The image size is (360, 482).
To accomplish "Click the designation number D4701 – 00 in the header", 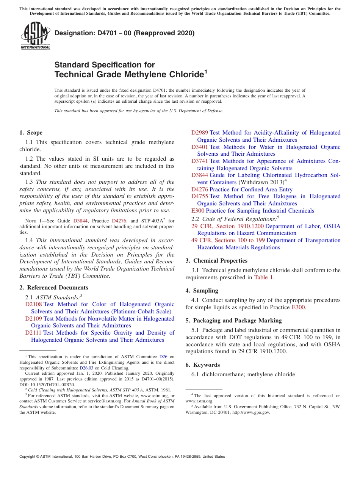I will (124, 33).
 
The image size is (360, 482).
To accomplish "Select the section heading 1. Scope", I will (31, 133).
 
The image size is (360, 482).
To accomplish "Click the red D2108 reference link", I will (33, 304).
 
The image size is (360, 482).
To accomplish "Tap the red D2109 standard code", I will (33, 319).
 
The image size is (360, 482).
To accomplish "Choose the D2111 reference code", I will (33, 333).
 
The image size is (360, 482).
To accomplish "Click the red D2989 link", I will (199, 133).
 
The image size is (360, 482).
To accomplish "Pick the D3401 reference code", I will (199, 147).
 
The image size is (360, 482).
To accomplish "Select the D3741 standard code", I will (199, 161).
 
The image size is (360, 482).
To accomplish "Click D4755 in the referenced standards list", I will (199, 196).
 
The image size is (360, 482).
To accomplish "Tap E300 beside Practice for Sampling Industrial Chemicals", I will (198, 211).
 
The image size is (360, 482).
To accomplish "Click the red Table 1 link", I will (263, 277).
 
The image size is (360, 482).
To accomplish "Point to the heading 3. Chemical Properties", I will (216, 261).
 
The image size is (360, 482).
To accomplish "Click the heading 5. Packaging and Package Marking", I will (233, 321).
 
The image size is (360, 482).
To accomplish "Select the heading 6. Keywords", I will (202, 365).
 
